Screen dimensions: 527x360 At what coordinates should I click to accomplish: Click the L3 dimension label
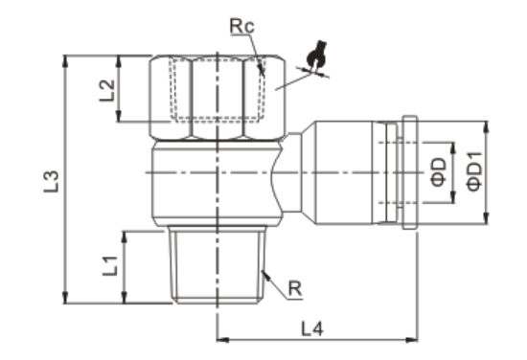[x=51, y=182]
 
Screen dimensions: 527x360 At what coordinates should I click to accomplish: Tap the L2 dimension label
[x=107, y=90]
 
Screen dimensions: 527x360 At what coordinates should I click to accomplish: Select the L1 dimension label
[x=110, y=265]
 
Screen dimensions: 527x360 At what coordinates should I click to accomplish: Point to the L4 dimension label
[x=312, y=328]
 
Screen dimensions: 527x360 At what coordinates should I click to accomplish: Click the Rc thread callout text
[x=242, y=26]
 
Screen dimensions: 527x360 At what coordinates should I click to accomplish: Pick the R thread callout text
[x=295, y=288]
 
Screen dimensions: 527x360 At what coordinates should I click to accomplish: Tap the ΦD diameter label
[x=439, y=172]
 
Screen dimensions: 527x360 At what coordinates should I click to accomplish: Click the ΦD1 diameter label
[x=474, y=171]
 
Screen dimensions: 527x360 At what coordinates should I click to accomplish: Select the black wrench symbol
[x=316, y=56]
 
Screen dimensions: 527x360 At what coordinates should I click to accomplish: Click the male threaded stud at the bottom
[x=218, y=264]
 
